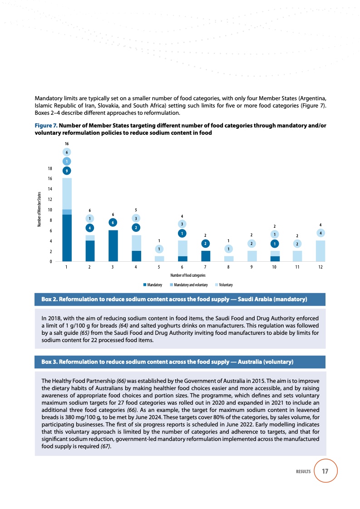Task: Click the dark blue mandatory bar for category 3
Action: [x=113, y=245]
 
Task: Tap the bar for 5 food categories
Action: [x=159, y=259]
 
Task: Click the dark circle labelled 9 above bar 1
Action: [x=67, y=171]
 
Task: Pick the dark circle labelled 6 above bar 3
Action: [x=113, y=222]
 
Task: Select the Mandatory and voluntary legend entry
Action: [x=188, y=285]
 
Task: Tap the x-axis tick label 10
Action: [x=274, y=267]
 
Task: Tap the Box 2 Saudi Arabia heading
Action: [x=174, y=299]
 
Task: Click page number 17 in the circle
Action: [x=325, y=471]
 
